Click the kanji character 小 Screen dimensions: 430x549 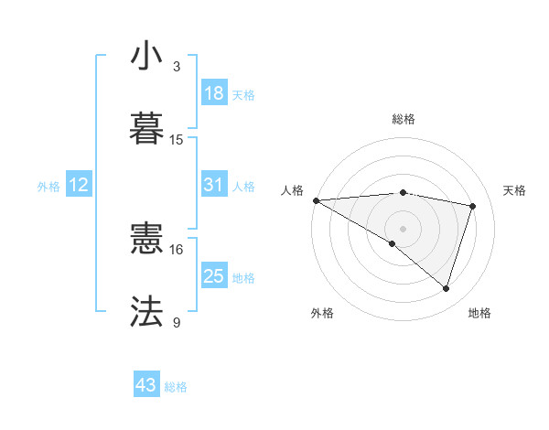pyautogui.click(x=146, y=57)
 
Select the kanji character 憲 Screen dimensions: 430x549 pyautogui.click(x=146, y=241)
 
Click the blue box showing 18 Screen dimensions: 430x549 pyautogui.click(x=214, y=92)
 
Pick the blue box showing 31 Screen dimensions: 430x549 pyautogui.click(x=213, y=185)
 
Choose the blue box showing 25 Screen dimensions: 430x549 pyautogui.click(x=213, y=275)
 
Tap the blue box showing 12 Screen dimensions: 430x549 pyautogui.click(x=79, y=185)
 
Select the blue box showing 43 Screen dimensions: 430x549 pyautogui.click(x=146, y=385)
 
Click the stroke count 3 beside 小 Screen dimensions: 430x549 pyautogui.click(x=177, y=67)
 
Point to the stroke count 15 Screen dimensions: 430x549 pyautogui.click(x=177, y=140)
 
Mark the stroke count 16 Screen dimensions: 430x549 pyautogui.click(x=177, y=249)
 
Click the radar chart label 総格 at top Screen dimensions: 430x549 pyautogui.click(x=403, y=119)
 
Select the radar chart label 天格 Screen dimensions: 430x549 pyautogui.click(x=515, y=190)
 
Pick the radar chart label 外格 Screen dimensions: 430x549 pyautogui.click(x=322, y=313)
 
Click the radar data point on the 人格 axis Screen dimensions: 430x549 pyautogui.click(x=316, y=199)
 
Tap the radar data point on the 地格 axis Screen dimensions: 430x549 pyautogui.click(x=447, y=288)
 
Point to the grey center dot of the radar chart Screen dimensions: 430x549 pyautogui.click(x=403, y=228)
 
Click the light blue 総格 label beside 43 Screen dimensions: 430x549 pyautogui.click(x=177, y=386)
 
